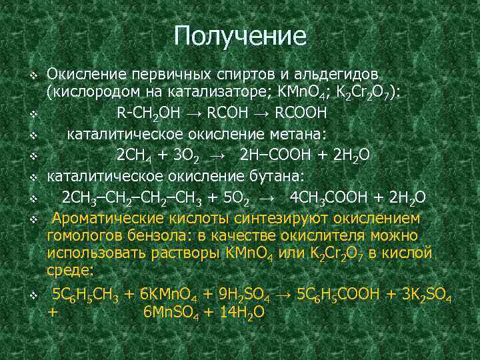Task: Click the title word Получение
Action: pyautogui.click(x=240, y=35)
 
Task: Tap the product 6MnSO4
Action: pyautogui.click(x=175, y=312)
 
